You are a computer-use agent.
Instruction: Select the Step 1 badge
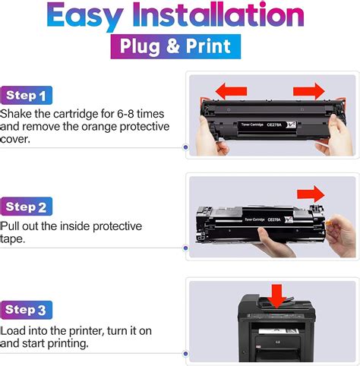click(27, 96)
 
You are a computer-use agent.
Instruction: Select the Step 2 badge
click(27, 207)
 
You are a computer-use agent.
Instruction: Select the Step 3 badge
click(27, 309)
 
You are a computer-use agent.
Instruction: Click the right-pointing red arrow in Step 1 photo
click(308, 92)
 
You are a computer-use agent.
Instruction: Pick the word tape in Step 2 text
click(14, 240)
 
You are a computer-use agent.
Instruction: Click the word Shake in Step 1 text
click(17, 113)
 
